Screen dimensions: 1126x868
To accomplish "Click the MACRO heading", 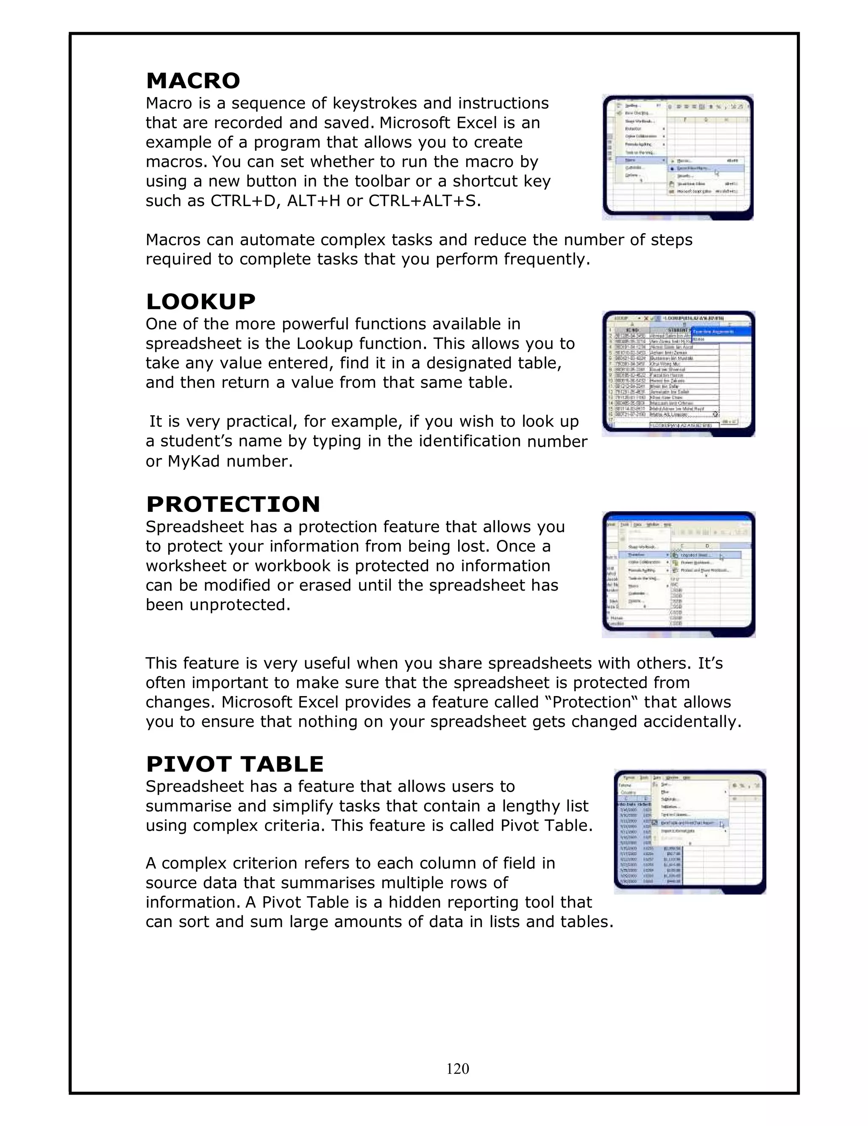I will pyautogui.click(x=193, y=81).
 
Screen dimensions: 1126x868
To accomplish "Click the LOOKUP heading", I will pyautogui.click(x=200, y=301).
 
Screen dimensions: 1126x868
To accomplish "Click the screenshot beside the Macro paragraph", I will pyautogui.click(x=678, y=157).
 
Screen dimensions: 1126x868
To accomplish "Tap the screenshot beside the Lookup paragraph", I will pyautogui.click(x=678, y=374).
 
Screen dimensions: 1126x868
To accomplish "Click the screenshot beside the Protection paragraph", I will pyautogui.click(x=678, y=575).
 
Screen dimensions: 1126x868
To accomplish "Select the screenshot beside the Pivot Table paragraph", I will pyautogui.click(x=690, y=832).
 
